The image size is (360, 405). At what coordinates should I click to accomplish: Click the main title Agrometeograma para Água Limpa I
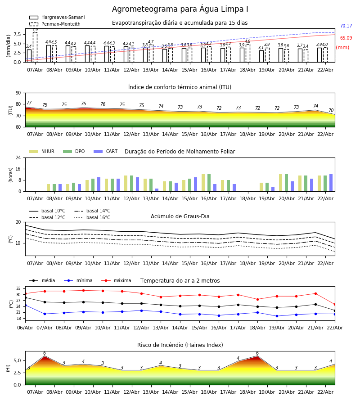tap(180, 9)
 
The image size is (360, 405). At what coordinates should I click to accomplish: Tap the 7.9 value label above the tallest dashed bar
tap(35, 30)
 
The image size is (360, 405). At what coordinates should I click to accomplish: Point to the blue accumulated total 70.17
tap(346, 26)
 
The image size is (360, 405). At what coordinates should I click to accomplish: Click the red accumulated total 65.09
tap(346, 38)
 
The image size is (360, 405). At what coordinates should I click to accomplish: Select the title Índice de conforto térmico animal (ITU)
tap(180, 87)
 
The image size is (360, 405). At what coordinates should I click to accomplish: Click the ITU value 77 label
tap(29, 103)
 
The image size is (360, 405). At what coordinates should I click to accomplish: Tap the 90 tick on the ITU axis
tap(18, 93)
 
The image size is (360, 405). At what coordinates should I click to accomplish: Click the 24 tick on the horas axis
tap(18, 157)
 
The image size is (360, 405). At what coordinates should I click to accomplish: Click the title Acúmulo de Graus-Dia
tap(180, 216)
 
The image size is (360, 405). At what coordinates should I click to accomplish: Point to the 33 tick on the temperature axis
tap(18, 288)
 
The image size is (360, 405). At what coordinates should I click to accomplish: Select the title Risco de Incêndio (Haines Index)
tap(180, 345)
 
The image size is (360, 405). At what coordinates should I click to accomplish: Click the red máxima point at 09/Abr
tap(83, 290)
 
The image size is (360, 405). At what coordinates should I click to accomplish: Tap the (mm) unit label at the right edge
tap(342, 47)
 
